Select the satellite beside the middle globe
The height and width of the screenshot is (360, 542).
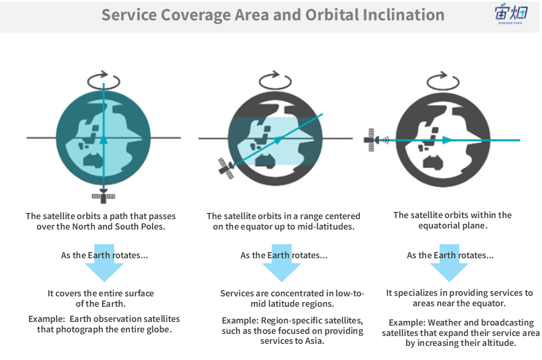coord(226,168)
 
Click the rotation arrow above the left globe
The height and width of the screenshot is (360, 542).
coord(104,81)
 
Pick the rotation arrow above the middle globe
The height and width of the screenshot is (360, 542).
coord(275,81)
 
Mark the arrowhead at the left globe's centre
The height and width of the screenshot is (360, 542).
coord(104,139)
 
